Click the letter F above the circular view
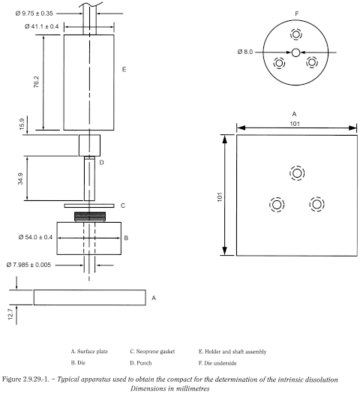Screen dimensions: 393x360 (296, 13)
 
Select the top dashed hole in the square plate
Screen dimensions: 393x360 (298, 173)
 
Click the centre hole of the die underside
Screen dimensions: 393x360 (296, 52)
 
